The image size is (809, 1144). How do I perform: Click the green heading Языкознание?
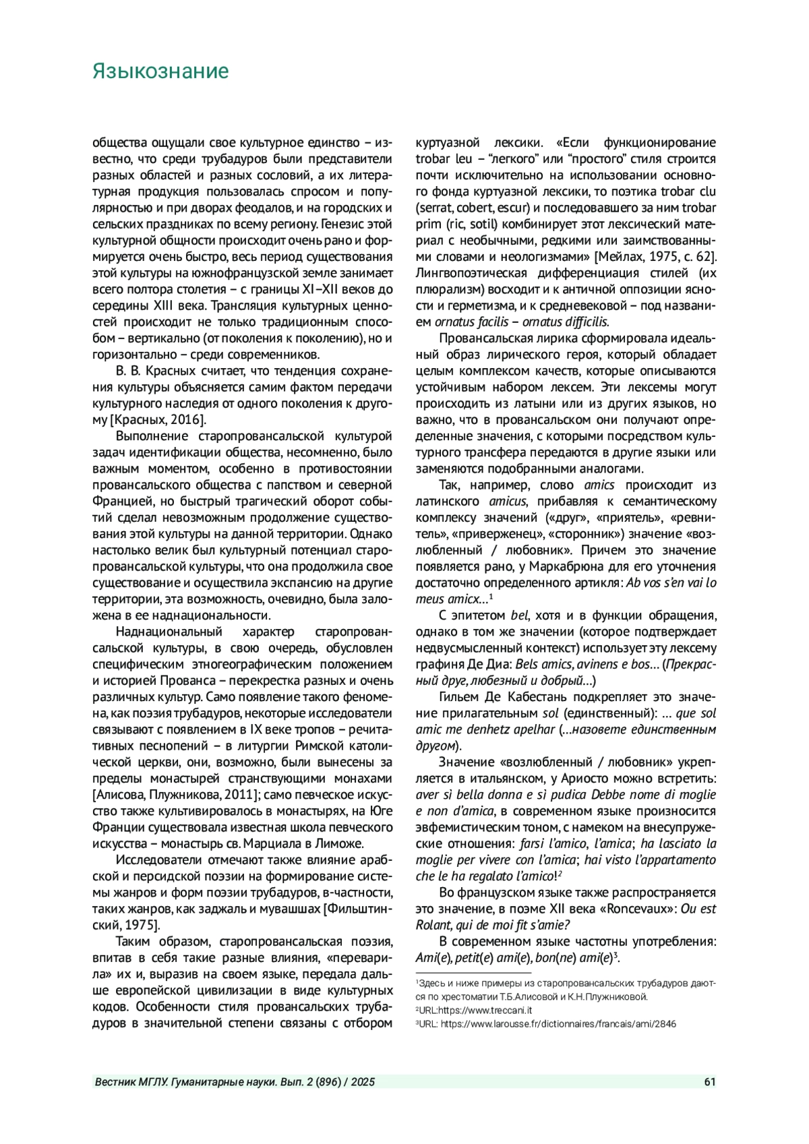point(160,71)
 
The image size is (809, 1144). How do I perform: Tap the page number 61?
point(709,1082)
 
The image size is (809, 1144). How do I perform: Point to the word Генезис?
point(348,224)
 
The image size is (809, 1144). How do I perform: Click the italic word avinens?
point(596,665)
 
